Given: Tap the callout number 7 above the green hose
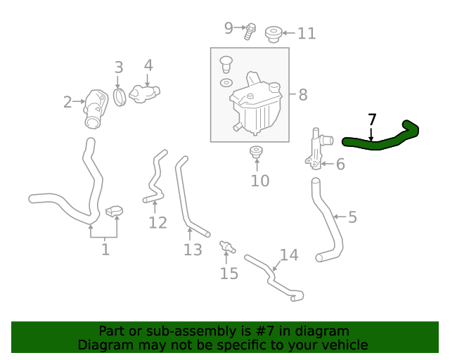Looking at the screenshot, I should click(372, 120).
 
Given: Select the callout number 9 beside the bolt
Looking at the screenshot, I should click(229, 28).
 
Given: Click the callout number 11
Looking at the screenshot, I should click(307, 33).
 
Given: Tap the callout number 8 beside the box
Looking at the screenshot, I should click(302, 94).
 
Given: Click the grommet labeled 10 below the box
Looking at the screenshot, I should click(257, 152).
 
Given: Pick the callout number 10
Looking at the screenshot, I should click(259, 181).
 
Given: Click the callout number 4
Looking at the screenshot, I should click(148, 65).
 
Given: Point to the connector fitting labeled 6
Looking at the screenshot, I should click(316, 148).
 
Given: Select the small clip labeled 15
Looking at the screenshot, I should click(226, 247).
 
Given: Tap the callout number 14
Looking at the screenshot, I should click(289, 255).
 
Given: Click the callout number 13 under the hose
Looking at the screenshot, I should click(193, 250).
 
